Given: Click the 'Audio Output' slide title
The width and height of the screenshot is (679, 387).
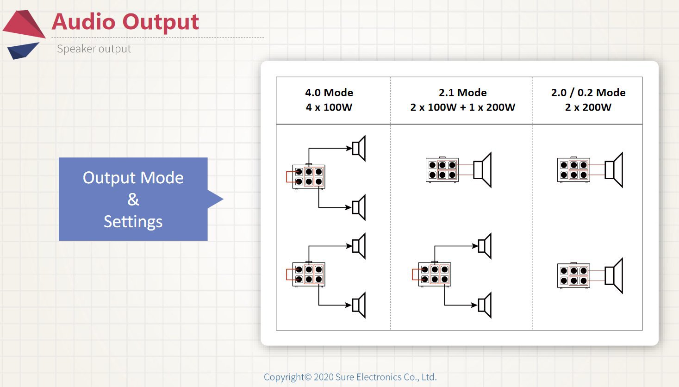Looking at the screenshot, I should coord(125,22).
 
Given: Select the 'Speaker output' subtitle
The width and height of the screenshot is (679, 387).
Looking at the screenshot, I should coord(94,49).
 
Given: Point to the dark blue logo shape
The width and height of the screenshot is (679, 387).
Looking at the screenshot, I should coord(22,50).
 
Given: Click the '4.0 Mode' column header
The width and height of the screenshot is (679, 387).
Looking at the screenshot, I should coord(329,93).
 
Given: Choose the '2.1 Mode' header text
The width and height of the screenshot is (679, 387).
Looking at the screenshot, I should coord(462,93).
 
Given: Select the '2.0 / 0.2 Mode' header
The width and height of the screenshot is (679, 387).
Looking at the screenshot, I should coord(588,93).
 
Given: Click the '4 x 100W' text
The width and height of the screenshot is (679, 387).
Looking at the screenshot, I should coord(329,107).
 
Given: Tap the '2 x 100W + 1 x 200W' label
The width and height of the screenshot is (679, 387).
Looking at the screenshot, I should coord(462,107).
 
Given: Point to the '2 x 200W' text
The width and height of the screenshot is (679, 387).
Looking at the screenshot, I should coord(588,107).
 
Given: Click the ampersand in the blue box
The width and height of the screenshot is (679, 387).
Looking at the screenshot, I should coord(133,200).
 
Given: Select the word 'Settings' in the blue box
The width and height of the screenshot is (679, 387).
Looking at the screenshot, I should coord(133,222).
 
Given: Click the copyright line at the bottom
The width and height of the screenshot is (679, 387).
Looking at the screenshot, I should coord(350,377).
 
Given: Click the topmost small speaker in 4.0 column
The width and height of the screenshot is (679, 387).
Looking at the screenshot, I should coord(359,149).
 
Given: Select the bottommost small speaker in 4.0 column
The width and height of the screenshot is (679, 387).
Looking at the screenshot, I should coord(359,305).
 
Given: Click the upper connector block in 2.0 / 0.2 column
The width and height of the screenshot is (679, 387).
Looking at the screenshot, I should coord(573,170).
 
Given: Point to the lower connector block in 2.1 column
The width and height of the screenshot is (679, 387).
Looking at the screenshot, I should coord(434,274).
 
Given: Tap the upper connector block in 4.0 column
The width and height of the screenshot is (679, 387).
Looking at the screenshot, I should coord(308,176).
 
